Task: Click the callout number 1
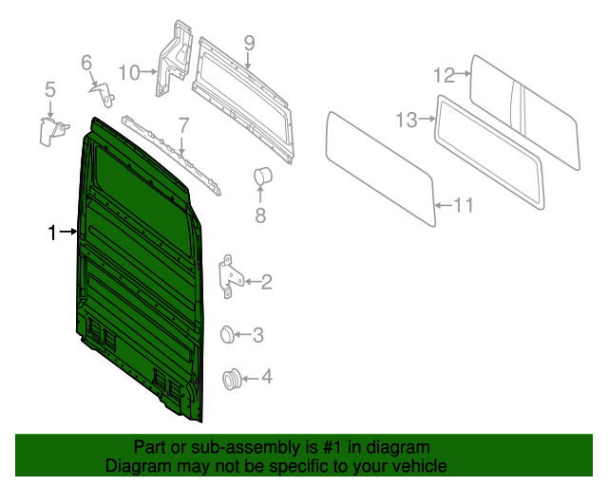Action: point(54,232)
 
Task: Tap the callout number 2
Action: point(267,281)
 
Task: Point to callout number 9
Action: point(249,42)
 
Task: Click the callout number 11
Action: point(463,205)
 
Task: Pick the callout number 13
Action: point(407,120)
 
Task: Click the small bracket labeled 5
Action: point(53,130)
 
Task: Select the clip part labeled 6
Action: point(103,92)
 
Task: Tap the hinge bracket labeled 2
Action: point(230,275)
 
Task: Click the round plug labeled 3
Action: point(228,333)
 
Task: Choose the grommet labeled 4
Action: point(231,379)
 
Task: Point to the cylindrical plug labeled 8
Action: point(261,177)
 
